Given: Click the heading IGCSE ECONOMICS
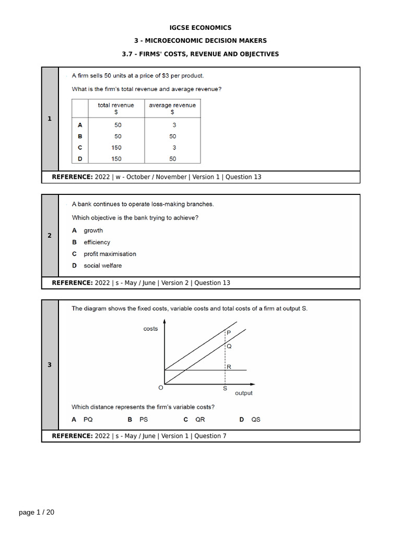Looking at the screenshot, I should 200,28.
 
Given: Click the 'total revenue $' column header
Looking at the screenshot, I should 116,109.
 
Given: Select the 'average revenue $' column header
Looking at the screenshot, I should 172,109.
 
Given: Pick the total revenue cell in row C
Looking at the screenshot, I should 116,148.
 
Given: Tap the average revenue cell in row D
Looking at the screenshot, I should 172,159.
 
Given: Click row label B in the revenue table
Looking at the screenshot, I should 80,136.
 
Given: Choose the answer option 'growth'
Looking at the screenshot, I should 93,230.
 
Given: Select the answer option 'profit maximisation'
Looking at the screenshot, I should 110,254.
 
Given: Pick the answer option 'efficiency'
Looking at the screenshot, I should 97,242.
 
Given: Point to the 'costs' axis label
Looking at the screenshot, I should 150,329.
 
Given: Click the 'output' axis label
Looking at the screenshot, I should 244,393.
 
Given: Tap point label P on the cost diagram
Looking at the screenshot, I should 229,332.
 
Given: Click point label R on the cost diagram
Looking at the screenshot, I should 229,367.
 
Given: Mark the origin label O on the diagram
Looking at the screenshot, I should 160,388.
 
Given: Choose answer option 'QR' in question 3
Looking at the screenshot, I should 200,420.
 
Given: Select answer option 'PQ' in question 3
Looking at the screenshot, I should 88,420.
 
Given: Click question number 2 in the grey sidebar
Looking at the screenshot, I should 50,236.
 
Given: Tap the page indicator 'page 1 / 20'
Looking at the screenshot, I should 37,513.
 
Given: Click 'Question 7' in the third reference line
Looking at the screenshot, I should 210,436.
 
